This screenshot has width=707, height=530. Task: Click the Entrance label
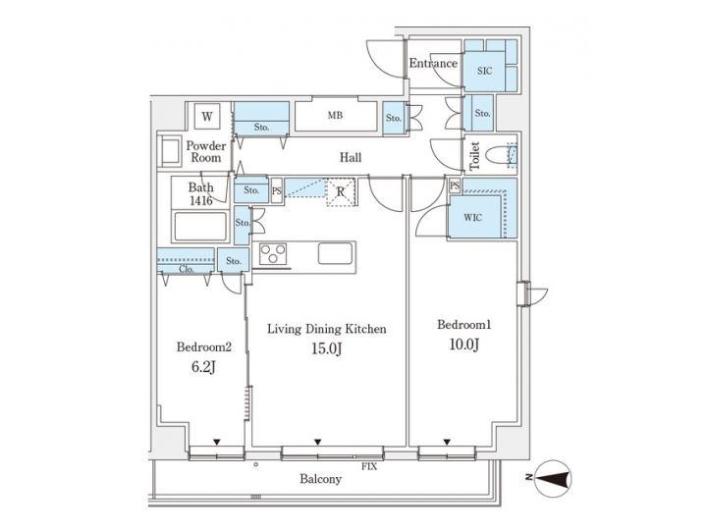(433, 64)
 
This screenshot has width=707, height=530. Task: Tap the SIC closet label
(484, 72)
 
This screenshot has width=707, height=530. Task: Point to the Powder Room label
(206, 151)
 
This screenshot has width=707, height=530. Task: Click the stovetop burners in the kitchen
(272, 254)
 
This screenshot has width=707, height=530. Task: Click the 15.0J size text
(326, 348)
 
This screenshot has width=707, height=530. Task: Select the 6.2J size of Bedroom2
(202, 366)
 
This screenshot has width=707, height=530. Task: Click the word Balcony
(321, 479)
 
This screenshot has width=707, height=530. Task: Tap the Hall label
(351, 156)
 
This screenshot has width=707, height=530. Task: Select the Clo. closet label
(187, 268)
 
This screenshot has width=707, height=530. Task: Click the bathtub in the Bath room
(200, 228)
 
